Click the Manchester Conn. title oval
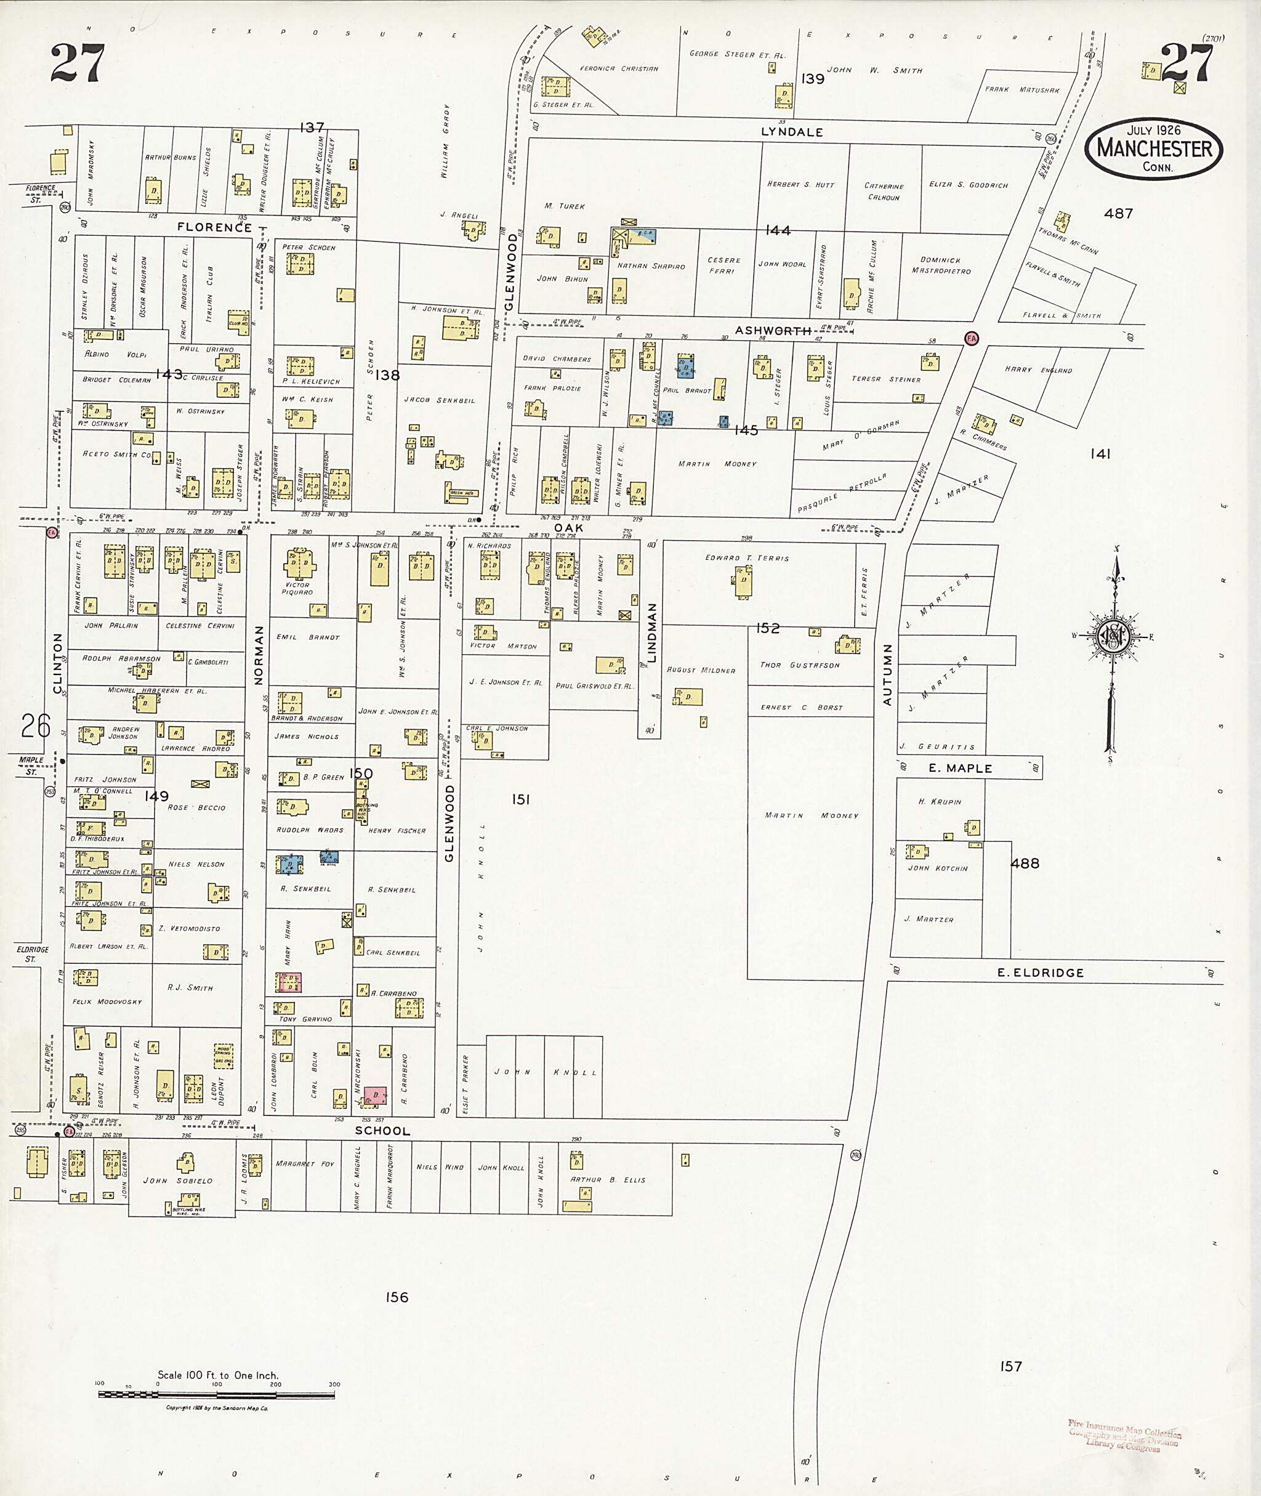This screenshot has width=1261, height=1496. click(1154, 149)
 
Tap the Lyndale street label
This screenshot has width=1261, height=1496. click(791, 132)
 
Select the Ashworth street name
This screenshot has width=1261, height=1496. click(773, 330)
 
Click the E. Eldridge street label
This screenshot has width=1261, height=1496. click(1040, 972)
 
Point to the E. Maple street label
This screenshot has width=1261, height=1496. click(960, 768)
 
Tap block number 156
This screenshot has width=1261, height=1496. click(397, 1297)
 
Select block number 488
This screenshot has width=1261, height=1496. click(1025, 863)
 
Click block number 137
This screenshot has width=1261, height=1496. click(312, 127)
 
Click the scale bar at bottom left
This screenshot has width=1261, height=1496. click(218, 1394)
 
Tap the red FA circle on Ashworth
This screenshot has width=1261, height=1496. click(972, 338)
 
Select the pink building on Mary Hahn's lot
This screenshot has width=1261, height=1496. click(289, 982)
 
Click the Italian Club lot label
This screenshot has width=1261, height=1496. click(210, 294)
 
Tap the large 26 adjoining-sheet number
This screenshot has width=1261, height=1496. click(35, 726)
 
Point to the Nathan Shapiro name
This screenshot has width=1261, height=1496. click(651, 266)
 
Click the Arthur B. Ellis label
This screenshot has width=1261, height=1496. click(607, 1180)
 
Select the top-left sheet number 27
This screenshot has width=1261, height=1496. click(77, 63)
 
